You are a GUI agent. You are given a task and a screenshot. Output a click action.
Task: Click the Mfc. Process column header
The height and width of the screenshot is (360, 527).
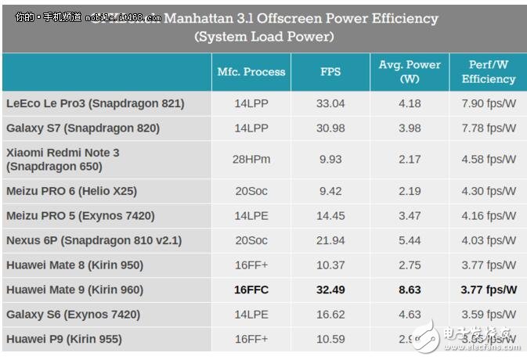251,72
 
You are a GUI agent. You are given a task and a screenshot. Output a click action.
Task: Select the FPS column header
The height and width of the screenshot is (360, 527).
330,72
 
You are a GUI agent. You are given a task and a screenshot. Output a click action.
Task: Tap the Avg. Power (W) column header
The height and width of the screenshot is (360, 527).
410,72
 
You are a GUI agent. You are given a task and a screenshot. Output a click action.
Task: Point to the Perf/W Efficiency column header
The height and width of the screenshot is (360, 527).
488,72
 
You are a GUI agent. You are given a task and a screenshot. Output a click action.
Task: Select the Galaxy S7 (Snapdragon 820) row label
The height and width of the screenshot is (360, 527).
83,128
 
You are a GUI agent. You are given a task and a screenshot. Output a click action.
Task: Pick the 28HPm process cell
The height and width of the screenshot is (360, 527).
251,160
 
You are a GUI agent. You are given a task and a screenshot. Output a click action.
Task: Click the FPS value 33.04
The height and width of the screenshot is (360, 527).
330,103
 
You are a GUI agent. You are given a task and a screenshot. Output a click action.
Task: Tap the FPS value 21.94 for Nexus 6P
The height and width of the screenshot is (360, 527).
330,240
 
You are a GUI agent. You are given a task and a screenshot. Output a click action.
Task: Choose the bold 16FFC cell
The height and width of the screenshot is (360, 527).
251,290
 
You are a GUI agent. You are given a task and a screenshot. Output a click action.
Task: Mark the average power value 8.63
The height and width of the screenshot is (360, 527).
410,290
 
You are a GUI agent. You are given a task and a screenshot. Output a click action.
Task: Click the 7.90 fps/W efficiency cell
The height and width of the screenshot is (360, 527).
488,103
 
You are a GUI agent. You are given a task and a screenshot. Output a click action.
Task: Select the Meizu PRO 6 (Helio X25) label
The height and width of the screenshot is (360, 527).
82,190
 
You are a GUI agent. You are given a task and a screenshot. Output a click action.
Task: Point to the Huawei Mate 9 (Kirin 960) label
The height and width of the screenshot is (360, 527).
75,290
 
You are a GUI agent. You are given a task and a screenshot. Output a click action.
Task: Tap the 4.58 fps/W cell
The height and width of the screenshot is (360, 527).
488,160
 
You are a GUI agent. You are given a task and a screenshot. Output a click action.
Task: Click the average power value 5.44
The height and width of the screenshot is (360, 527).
410,240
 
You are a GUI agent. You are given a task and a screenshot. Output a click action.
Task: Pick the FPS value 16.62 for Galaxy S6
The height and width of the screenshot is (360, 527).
330,315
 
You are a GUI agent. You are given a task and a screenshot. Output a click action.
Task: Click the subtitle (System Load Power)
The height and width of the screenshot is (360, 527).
263,37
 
